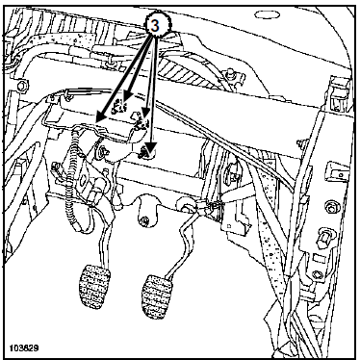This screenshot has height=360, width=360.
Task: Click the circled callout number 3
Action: (x=155, y=26)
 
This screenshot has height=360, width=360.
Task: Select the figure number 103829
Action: (x=24, y=348)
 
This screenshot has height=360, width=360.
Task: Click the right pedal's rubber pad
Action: (x=156, y=296)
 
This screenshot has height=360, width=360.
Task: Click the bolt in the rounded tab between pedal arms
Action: (x=144, y=220)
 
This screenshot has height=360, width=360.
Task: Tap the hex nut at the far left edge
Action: (x=22, y=86)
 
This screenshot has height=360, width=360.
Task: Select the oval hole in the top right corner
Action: (x=267, y=14)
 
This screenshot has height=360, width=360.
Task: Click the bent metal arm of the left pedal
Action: (x=103, y=244)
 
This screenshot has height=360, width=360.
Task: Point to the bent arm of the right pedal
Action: (x=182, y=244)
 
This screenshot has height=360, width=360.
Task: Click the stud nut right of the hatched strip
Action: (x=229, y=72)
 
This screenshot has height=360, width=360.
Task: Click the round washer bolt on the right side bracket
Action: (x=330, y=207)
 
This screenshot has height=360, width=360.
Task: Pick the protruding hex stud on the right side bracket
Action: (x=323, y=237)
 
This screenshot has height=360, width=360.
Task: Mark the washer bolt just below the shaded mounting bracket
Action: (x=102, y=150)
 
